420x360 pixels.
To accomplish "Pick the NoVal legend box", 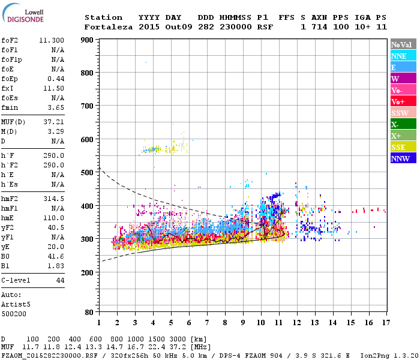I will pos(402,44).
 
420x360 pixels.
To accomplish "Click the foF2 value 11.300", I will pos(51,40).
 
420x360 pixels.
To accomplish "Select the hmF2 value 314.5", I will pos(53,198).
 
